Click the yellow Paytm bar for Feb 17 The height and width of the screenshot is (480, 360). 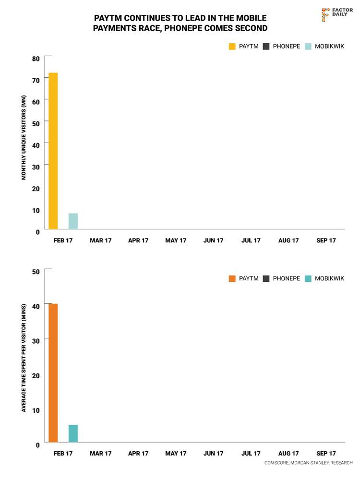point(53,151)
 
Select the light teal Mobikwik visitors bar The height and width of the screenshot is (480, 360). point(73,221)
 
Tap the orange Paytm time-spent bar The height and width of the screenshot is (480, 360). point(53,373)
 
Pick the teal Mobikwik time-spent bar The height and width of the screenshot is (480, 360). point(73,433)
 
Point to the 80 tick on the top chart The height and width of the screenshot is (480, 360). point(36,59)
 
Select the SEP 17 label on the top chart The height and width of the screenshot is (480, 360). point(326,240)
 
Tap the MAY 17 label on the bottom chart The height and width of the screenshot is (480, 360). point(176,454)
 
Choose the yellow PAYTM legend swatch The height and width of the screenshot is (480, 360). point(232,47)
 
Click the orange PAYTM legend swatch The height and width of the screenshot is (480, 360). point(232,278)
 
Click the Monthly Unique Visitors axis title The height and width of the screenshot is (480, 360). point(24,138)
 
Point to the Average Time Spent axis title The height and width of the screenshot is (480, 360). point(24,358)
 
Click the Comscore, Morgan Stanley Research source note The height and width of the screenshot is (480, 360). point(308,463)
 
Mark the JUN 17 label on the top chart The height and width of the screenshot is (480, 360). point(213,240)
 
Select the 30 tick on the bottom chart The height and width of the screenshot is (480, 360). point(36,338)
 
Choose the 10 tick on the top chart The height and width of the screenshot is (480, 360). point(36,210)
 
